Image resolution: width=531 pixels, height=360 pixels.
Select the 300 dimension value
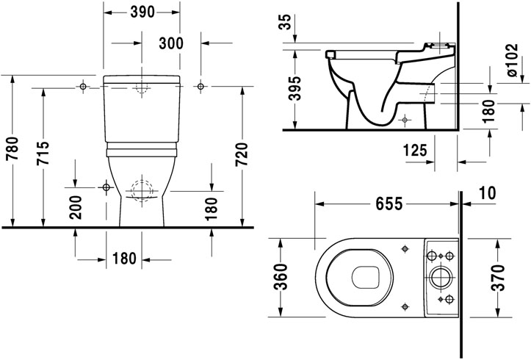[170, 43]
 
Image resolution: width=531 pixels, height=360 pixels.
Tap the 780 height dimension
[11, 151]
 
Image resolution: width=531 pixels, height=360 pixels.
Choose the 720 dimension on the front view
[242, 151]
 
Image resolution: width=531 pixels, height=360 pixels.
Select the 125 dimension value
[416, 151]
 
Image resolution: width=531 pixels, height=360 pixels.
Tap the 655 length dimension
[385, 204]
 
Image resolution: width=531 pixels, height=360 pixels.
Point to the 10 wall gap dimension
[486, 193]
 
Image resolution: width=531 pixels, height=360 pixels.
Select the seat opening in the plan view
[364, 277]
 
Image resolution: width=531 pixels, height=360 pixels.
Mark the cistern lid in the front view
[142, 78]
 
